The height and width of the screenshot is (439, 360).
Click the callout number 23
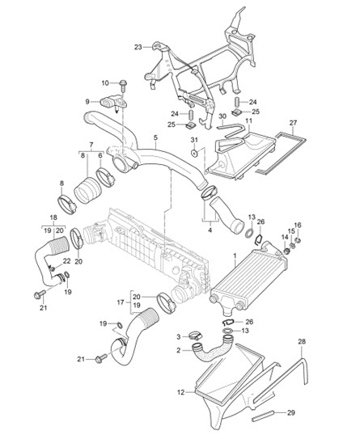pyautogui.click(x=138, y=48)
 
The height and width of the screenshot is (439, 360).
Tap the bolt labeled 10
pyautogui.click(x=123, y=86)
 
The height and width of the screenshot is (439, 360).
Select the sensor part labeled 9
pyautogui.click(x=113, y=103)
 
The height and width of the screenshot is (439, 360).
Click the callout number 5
pyautogui.click(x=155, y=137)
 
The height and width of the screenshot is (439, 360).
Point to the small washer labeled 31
pyautogui.click(x=194, y=153)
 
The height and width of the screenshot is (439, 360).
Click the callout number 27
pyautogui.click(x=294, y=123)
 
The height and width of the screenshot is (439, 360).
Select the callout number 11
pyautogui.click(x=249, y=121)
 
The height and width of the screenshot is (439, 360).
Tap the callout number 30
pyautogui.click(x=222, y=116)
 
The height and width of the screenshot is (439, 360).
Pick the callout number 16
pyautogui.click(x=298, y=225)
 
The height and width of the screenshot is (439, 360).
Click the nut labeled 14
pyautogui.click(x=286, y=251)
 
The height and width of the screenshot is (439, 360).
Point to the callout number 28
pyautogui.click(x=302, y=341)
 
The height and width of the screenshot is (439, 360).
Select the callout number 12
pyautogui.click(x=181, y=392)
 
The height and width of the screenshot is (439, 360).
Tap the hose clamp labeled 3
pyautogui.click(x=195, y=335)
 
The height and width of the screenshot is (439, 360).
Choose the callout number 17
pyautogui.click(x=121, y=302)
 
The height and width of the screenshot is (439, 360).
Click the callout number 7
pyautogui.click(x=91, y=145)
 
